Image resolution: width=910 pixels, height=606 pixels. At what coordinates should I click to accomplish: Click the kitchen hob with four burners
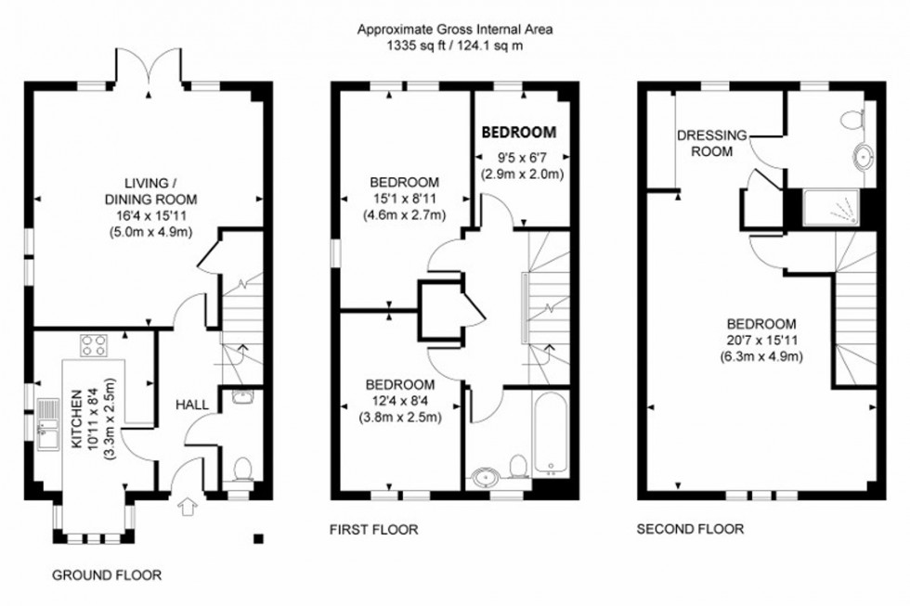(x=94, y=346)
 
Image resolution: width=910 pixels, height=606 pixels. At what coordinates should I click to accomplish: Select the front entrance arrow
(x=188, y=507)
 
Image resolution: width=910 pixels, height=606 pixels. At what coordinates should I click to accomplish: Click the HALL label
(x=192, y=406)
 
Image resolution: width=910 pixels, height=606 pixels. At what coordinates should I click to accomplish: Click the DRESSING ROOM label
(x=711, y=143)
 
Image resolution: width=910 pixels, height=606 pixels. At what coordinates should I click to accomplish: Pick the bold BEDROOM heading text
(x=518, y=132)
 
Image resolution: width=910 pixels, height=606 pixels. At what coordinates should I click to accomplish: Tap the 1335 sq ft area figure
(x=413, y=45)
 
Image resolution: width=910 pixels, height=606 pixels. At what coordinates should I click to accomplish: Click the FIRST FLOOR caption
(x=373, y=530)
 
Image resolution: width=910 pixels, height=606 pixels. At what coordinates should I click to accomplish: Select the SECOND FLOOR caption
(x=690, y=530)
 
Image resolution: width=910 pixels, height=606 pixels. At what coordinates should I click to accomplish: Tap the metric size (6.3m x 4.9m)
(x=761, y=355)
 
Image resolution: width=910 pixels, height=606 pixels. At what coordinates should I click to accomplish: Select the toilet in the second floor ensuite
(x=851, y=120)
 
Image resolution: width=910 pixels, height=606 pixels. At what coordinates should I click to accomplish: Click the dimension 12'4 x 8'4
(x=399, y=401)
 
